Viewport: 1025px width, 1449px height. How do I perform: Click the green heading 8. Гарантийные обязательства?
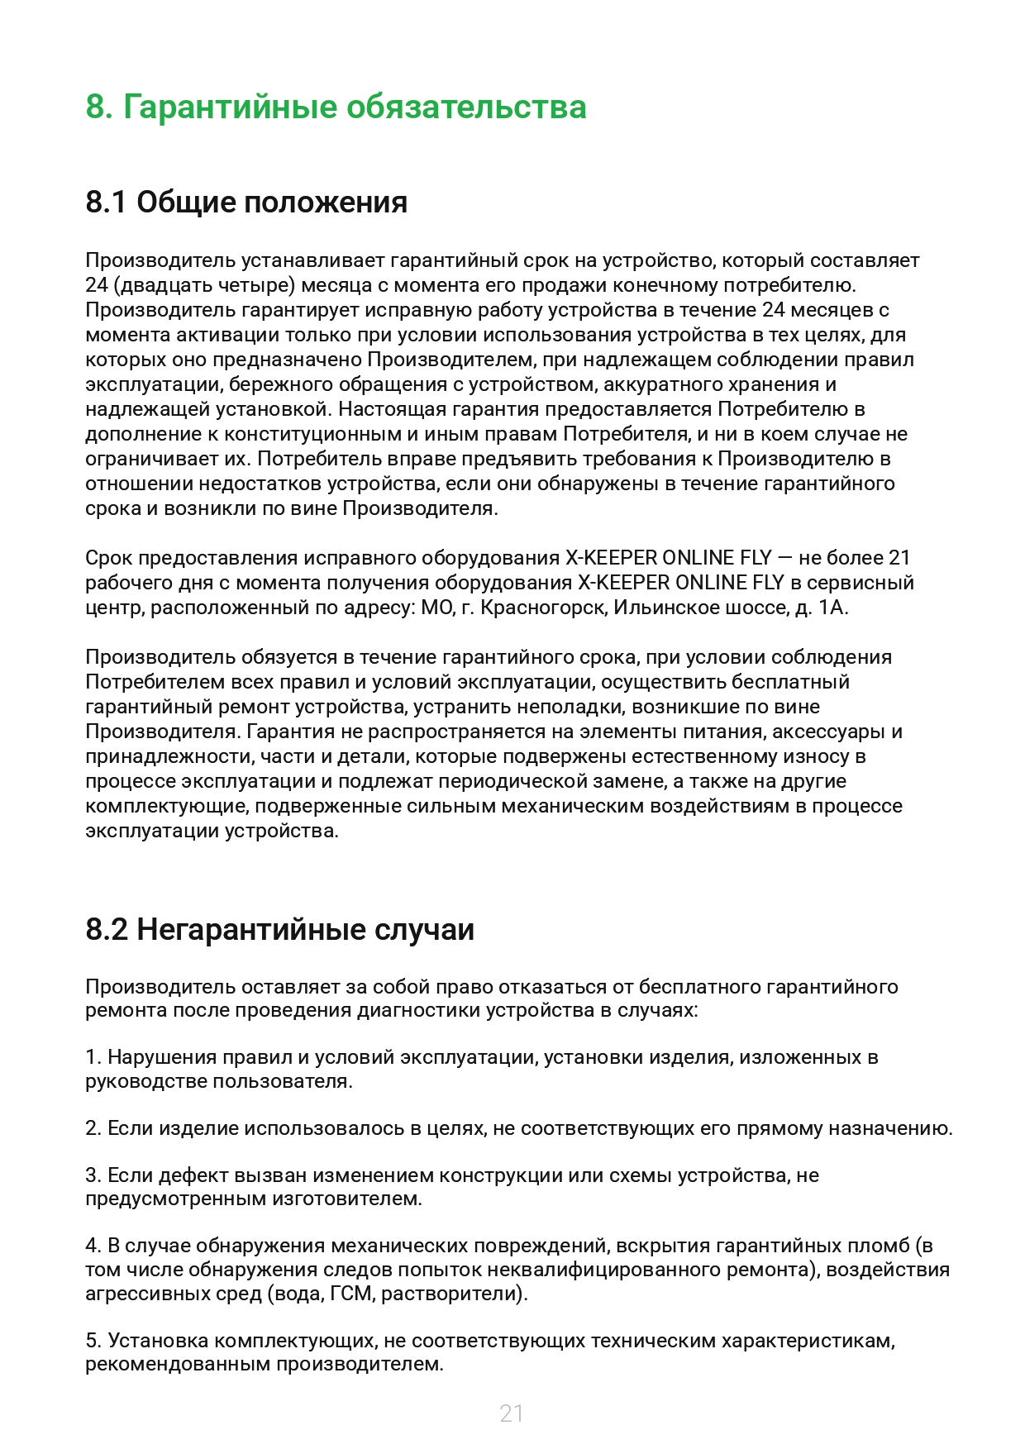click(x=336, y=107)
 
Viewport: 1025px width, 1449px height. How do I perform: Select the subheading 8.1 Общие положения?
click(x=246, y=203)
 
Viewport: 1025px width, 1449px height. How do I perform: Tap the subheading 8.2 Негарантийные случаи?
click(x=279, y=930)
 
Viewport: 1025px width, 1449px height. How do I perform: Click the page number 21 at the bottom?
click(x=512, y=1413)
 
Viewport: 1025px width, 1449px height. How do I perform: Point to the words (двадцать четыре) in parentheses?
click(x=204, y=286)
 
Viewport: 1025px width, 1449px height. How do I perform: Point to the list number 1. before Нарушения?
click(x=93, y=1057)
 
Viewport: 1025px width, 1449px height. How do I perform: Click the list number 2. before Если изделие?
click(x=93, y=1128)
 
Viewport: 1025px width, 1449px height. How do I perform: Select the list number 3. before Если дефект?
click(x=93, y=1175)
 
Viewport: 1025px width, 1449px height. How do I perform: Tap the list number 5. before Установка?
click(x=93, y=1341)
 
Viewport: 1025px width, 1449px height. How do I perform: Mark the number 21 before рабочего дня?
click(x=899, y=558)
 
